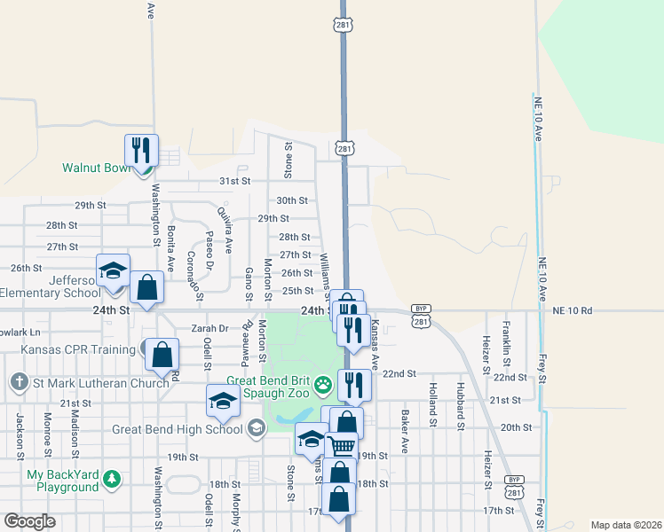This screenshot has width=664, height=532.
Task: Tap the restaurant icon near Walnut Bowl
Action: click(141, 150)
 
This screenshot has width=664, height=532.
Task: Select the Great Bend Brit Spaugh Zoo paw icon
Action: click(324, 385)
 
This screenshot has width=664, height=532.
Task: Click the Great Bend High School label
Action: click(178, 429)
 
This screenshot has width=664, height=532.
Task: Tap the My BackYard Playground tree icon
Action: click(111, 480)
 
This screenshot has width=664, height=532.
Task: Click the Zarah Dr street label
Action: click(210, 328)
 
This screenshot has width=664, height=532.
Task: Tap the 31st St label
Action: click(235, 181)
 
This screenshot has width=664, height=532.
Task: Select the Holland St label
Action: click(433, 400)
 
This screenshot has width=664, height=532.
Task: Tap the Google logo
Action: click(29, 521)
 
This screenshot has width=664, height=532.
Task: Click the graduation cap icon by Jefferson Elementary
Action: click(114, 270)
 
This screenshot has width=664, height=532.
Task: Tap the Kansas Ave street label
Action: click(375, 345)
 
